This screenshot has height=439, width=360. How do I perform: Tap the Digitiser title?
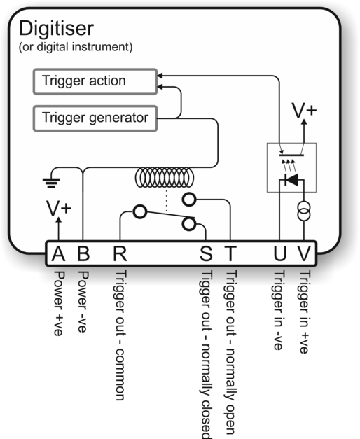[56, 29]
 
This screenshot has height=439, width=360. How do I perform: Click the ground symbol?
[51, 183]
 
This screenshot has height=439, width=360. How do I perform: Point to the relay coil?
[165, 178]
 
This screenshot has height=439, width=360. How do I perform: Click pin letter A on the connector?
[59, 253]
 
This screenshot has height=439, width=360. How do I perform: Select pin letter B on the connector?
[83, 253]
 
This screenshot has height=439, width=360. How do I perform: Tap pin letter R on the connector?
[120, 253]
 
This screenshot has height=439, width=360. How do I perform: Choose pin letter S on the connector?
[206, 253]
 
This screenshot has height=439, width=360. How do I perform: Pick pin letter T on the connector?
[230, 253]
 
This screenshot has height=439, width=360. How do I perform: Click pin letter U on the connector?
[280, 253]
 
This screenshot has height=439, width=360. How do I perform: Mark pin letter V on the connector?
[304, 253]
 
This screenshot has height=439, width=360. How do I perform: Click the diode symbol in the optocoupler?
[291, 180]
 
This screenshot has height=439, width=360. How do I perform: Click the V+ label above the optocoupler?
[304, 111]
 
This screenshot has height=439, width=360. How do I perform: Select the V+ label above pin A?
[59, 209]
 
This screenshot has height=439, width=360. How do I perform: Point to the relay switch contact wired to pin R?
[140, 211]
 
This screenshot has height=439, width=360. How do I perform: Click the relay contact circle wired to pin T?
[189, 200]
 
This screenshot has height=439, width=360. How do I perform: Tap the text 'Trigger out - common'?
[120, 335]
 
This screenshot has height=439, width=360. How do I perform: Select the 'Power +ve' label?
[59, 303]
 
